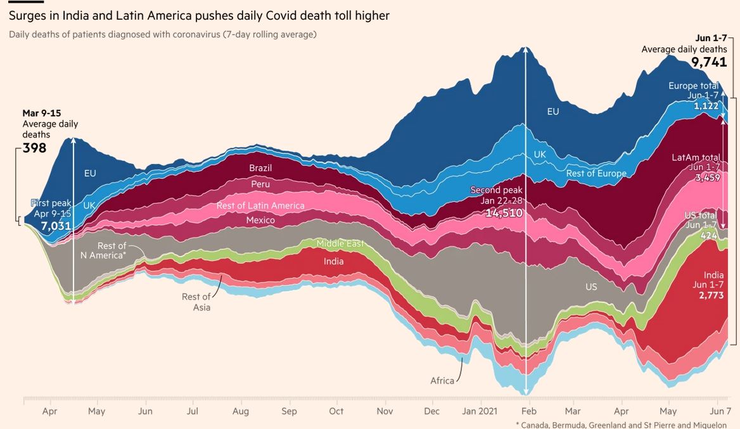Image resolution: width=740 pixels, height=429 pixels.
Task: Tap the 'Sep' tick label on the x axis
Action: click(289, 411)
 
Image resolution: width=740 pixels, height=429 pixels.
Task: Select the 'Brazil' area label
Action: click(260, 168)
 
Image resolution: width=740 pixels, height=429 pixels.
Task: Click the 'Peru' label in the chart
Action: click(260, 184)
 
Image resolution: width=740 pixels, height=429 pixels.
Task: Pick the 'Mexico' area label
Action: click(260, 221)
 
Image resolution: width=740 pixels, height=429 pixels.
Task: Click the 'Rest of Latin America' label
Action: click(260, 205)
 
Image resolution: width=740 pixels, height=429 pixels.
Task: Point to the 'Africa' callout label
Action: click(442, 381)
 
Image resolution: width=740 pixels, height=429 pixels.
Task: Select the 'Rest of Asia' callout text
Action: click(196, 302)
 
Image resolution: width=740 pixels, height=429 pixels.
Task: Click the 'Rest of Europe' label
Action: click(596, 174)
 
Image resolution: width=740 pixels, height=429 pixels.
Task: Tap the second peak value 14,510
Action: click(504, 213)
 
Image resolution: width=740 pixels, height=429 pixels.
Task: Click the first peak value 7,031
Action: click(56, 226)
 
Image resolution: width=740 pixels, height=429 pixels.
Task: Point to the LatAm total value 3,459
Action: click(706, 178)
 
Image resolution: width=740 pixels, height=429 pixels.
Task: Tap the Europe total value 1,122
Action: click(706, 106)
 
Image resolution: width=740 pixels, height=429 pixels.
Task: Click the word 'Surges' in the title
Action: click(28, 15)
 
